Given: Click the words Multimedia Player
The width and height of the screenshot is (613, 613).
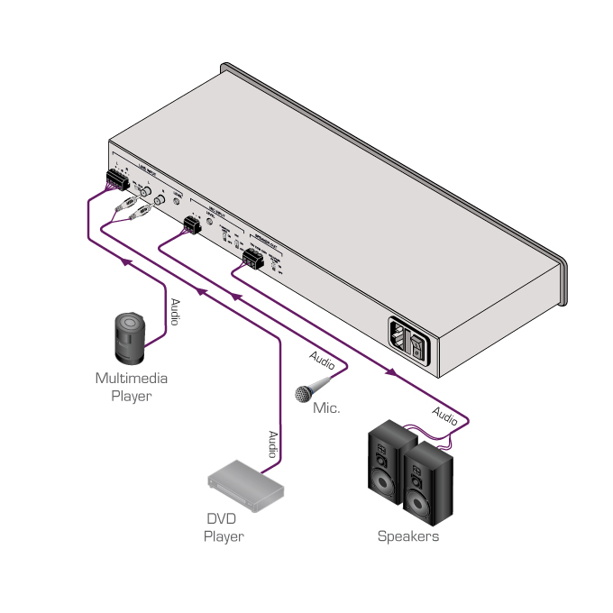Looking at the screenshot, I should (132, 387).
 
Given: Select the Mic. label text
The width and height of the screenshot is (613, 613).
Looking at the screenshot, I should (326, 408).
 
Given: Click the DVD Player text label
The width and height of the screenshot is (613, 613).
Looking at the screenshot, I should (223, 527).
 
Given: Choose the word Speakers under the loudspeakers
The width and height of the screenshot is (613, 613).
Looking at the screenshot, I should (408, 536).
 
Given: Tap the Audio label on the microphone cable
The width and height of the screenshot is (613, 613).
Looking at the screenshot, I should (322, 360).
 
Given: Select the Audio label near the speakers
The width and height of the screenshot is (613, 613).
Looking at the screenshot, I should (445, 416).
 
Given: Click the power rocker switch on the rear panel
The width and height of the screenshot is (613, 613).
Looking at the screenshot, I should (416, 344).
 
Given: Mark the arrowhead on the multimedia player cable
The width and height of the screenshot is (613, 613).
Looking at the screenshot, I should (126, 261).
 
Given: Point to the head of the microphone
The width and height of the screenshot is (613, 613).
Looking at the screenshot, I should (303, 393).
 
